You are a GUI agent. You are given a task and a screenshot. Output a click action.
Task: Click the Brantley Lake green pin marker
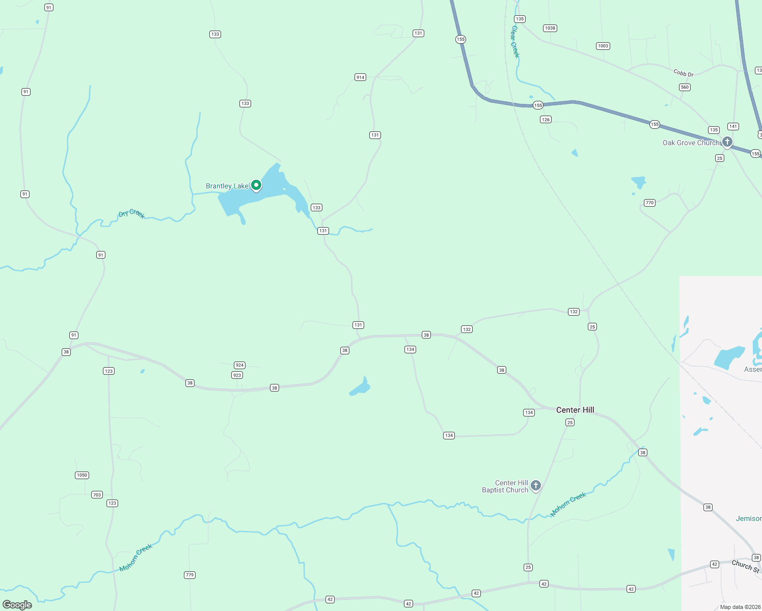click(256, 185)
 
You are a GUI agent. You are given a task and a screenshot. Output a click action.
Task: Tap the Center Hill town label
click(575, 410)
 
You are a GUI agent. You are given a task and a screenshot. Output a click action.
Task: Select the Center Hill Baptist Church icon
click(535, 486)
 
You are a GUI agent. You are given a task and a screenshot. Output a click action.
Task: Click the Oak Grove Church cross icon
click(727, 142)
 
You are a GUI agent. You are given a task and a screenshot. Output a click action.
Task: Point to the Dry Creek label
click(132, 213)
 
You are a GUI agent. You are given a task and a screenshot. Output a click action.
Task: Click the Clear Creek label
click(514, 42)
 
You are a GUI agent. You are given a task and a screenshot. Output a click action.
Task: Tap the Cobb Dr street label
click(684, 73)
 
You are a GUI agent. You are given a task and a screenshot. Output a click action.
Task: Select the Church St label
click(745, 566)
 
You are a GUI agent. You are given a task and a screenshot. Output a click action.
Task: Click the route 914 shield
click(360, 77)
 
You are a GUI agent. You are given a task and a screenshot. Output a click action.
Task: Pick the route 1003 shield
click(603, 46)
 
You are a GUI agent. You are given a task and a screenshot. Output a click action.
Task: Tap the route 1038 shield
click(550, 28)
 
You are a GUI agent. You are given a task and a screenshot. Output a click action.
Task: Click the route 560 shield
click(685, 87)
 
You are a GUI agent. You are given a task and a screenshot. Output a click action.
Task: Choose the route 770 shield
click(649, 203)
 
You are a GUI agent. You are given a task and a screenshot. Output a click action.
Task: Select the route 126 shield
click(546, 120)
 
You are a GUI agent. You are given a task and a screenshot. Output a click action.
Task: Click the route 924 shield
click(239, 365)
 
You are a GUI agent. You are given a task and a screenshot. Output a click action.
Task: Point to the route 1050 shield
click(82, 475)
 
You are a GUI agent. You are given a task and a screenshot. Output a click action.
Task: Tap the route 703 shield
click(97, 495)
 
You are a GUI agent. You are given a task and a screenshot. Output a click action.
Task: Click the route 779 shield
click(189, 575)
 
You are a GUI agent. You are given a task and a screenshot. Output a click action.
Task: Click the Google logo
click(17, 605)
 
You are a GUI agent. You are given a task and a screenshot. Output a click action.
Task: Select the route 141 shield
click(733, 126)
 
